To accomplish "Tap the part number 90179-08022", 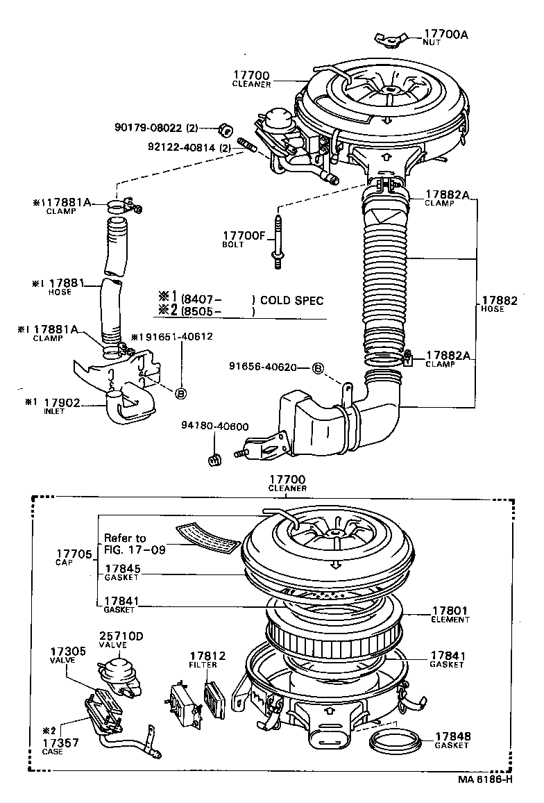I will click(147, 127).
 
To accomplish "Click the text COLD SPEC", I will click(291, 301).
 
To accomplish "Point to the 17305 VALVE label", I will click(67, 656).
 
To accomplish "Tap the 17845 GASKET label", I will click(122, 572).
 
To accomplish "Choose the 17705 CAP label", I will click(69, 557).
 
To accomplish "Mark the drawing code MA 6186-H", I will click(485, 778).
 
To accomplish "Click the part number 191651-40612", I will click(174, 336).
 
